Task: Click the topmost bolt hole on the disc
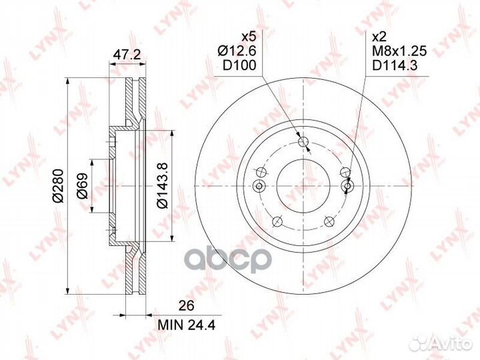303,142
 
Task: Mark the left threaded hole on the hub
260,186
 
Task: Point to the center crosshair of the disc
303,186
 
